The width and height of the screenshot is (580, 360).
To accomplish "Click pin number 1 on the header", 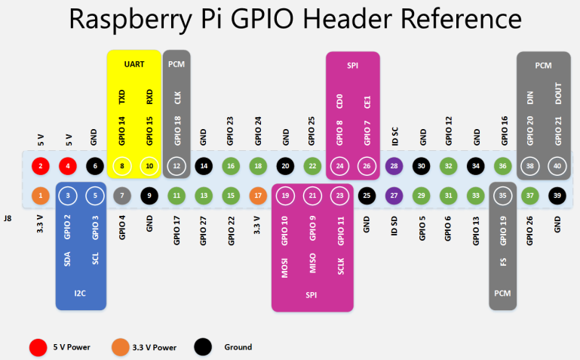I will [x=41, y=196].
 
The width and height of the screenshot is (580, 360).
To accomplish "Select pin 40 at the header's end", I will [x=557, y=166].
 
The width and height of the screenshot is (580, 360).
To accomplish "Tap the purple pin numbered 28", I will [x=392, y=166].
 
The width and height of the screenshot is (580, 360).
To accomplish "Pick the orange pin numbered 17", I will [x=258, y=196].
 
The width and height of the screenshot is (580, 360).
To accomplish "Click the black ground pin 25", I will [x=366, y=196].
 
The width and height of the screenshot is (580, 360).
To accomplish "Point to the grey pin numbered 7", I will [x=121, y=196].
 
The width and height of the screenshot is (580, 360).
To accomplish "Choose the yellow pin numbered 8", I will [x=121, y=166].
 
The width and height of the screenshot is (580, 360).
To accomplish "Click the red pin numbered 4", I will [x=68, y=166].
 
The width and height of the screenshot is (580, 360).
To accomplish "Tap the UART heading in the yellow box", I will [x=134, y=64].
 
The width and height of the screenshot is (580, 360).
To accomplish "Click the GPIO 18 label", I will [x=177, y=130].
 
